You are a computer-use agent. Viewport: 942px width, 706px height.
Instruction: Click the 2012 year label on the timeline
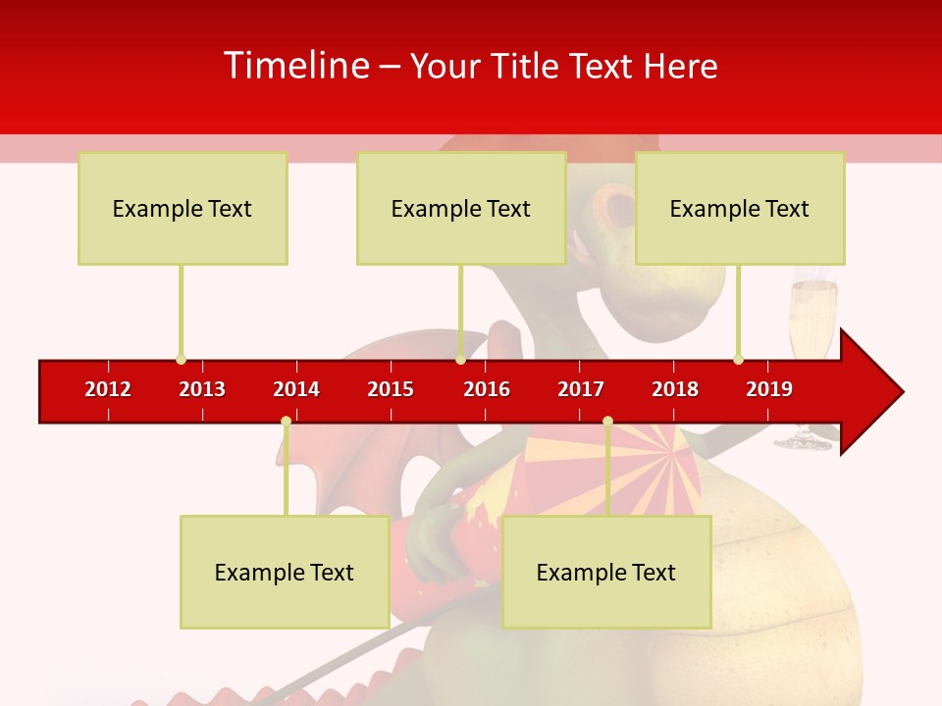tap(108, 389)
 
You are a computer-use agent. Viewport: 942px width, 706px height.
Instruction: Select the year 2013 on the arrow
tap(202, 389)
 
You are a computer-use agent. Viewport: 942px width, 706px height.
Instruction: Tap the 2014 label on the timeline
tap(296, 389)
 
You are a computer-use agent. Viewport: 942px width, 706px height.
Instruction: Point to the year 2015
tap(391, 389)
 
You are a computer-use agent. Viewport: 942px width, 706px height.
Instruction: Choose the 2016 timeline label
tap(487, 389)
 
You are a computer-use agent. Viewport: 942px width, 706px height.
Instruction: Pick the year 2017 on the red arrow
tap(581, 389)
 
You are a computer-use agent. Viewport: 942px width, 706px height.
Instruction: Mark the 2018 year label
tap(675, 389)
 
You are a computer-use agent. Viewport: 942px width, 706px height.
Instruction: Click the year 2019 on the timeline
tap(769, 389)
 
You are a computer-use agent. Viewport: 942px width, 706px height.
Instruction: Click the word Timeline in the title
tap(297, 66)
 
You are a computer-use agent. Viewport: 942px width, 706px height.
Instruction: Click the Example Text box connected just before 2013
tap(183, 209)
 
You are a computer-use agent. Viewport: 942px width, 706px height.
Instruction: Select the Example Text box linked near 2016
tap(461, 209)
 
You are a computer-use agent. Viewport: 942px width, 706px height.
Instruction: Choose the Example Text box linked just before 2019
tap(740, 209)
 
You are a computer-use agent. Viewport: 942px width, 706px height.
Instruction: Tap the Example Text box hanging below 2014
tap(285, 573)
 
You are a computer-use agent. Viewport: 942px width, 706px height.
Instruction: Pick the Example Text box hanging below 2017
tap(606, 573)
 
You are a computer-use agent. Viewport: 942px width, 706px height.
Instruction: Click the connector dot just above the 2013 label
tap(181, 359)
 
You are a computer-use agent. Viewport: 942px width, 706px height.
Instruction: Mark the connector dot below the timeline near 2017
tap(607, 422)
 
